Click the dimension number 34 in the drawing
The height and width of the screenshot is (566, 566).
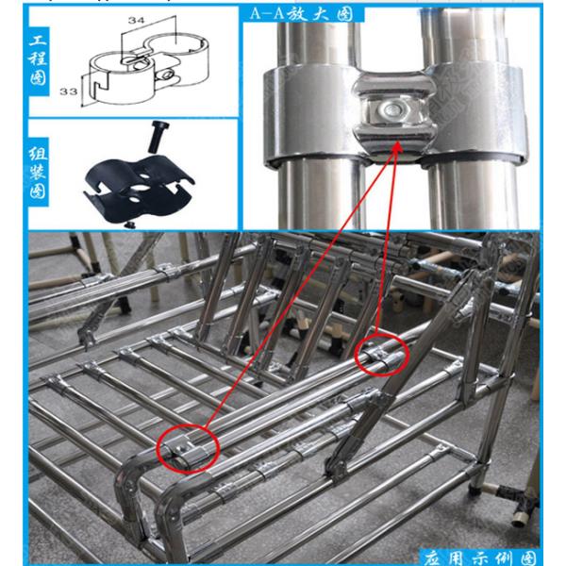(136, 20)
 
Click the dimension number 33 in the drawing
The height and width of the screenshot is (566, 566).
(68, 92)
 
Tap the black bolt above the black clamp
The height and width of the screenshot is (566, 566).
(156, 136)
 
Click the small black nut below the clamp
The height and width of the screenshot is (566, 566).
(127, 225)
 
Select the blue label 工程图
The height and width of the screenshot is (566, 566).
(38, 60)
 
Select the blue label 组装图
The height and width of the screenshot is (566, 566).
(38, 173)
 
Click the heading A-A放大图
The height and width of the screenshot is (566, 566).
(302, 14)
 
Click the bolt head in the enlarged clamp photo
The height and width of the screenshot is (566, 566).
(390, 108)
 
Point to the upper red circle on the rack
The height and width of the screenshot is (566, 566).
(382, 355)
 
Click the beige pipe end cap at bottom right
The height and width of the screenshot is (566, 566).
(519, 519)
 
